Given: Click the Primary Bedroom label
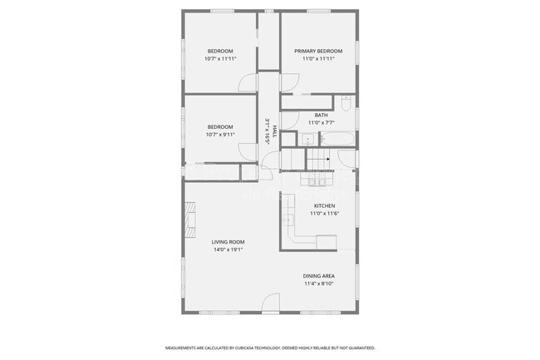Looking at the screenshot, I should tap(319, 52).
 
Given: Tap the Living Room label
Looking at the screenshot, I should tap(228, 242).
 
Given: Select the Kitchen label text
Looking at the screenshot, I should tap(324, 206).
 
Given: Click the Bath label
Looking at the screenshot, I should tap(321, 115).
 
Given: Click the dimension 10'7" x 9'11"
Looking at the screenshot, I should tap(220, 135).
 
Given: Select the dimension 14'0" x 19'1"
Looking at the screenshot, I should tap(228, 249).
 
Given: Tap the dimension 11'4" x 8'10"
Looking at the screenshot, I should tap(318, 284).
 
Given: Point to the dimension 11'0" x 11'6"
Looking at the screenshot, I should tap(324, 214).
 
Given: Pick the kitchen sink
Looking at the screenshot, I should tap(288, 219).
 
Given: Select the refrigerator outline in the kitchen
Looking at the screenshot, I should tap(327, 241).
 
